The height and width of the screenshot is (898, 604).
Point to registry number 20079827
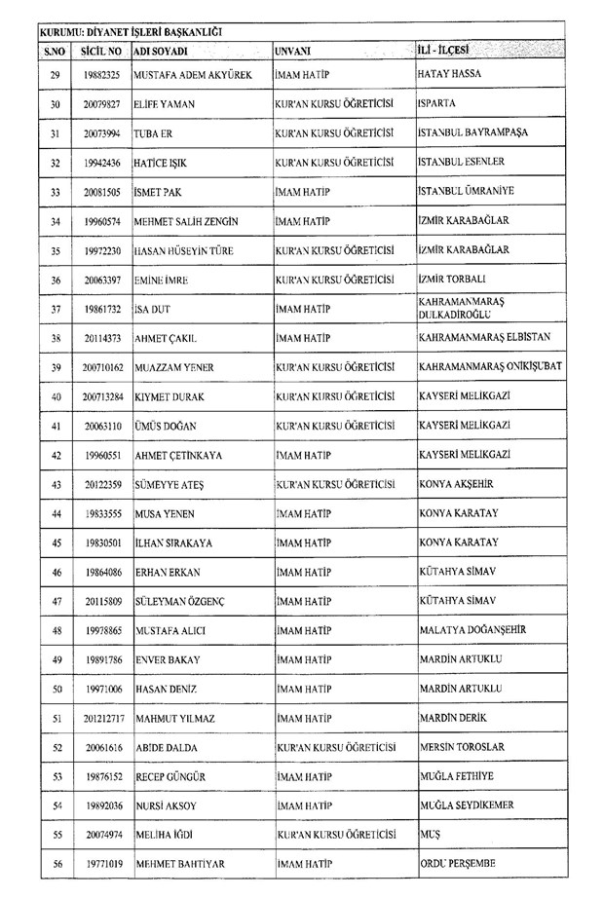point(101,104)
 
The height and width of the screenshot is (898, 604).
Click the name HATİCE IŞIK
point(162,163)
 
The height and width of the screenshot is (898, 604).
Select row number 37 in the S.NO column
point(55,311)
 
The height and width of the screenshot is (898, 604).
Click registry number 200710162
point(101,367)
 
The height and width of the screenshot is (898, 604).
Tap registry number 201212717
point(101,718)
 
